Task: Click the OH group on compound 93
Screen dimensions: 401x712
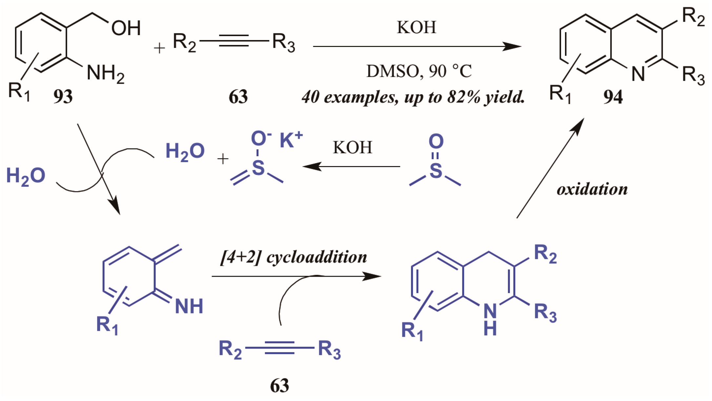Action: tap(126, 28)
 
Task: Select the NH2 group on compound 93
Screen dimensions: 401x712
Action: tap(105, 74)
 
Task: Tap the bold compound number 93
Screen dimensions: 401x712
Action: tap(63, 97)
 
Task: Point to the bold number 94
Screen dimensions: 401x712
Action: tap(613, 97)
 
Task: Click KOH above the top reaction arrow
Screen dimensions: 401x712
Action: tap(417, 27)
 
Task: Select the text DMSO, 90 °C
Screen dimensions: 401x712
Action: tap(419, 71)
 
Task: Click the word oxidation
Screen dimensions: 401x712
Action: tap(592, 190)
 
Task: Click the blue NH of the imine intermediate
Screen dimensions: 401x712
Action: tap(189, 306)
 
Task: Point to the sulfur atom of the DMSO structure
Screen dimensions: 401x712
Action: tap(436, 171)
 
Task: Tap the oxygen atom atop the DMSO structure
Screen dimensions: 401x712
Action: tap(436, 141)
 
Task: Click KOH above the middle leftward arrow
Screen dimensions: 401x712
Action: tap(353, 148)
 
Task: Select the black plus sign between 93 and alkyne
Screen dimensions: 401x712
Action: tap(159, 48)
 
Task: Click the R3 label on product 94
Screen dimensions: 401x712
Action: tap(693, 75)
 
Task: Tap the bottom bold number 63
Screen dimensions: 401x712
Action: tap(279, 386)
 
